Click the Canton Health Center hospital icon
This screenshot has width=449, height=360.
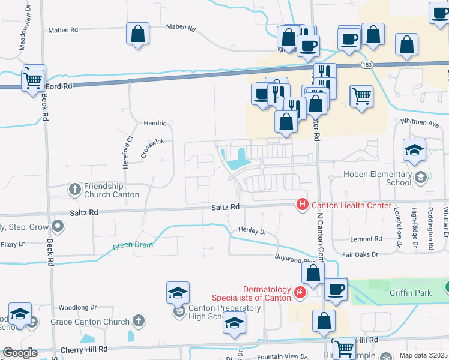coord(302,205)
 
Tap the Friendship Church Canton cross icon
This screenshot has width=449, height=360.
coord(74,190)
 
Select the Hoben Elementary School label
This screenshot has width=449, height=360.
coord(377,178)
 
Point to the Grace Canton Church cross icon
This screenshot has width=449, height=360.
coord(139,321)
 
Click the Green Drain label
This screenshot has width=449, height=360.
coord(133,245)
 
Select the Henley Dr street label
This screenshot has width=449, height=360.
coord(252,230)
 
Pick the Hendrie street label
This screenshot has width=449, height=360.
coord(155,123)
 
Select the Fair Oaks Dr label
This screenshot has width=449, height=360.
coord(360,254)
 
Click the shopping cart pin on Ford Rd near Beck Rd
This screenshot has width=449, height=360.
coord(33,80)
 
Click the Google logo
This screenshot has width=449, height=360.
coord(20,353)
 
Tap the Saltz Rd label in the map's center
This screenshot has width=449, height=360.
coord(226,207)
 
